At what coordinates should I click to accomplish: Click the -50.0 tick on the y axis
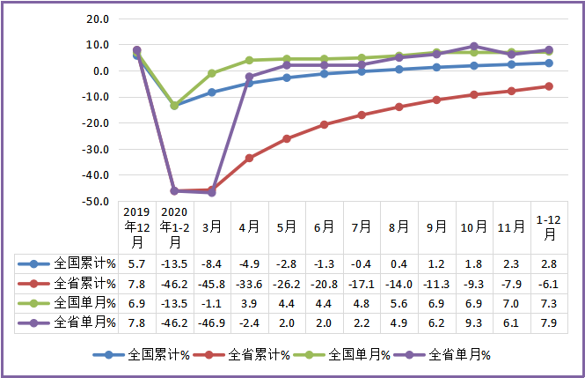96,202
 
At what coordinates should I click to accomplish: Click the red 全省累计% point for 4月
249,158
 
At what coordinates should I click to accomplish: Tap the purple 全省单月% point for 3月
211,192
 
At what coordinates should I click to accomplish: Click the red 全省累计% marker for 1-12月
549,86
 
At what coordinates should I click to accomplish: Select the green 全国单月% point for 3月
211,73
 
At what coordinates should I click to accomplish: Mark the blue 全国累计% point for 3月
211,93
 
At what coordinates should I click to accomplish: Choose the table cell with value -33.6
249,283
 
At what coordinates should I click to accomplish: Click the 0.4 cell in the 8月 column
399,263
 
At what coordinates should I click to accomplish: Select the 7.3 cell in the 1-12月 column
549,303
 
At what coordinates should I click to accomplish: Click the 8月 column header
399,226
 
